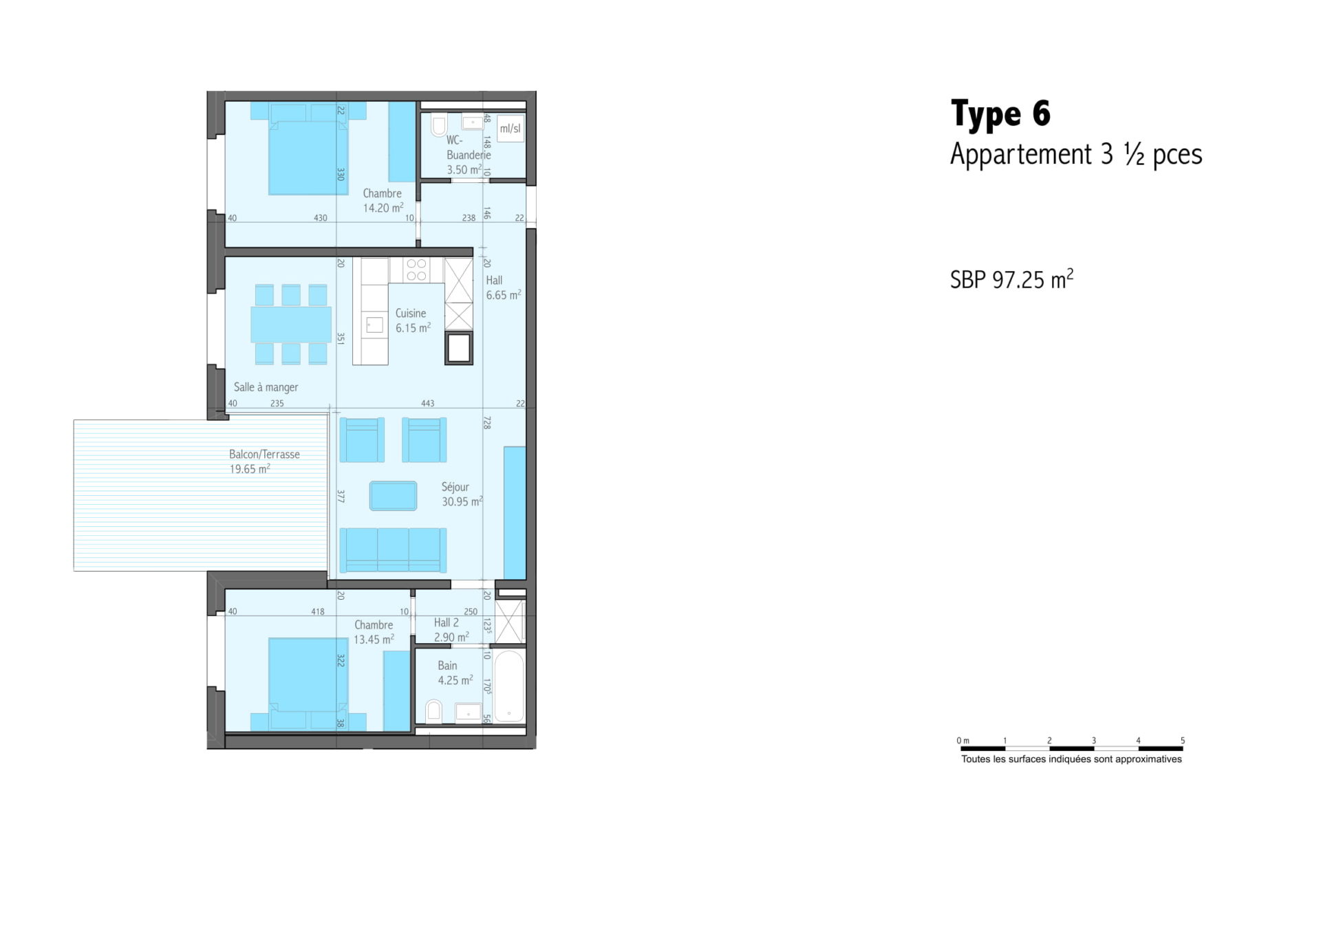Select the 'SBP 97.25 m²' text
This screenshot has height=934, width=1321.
(x=1011, y=279)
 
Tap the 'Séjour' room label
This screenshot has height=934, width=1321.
(x=455, y=487)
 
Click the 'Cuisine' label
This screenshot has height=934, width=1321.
(x=411, y=313)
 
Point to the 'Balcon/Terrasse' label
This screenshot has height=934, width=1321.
(x=264, y=454)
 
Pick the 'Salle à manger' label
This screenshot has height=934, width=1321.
(x=266, y=387)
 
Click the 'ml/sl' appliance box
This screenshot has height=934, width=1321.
(x=510, y=129)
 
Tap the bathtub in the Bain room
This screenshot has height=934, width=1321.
(x=509, y=686)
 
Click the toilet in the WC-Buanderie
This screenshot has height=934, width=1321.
(x=438, y=124)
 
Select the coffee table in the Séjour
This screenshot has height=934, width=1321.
(x=393, y=496)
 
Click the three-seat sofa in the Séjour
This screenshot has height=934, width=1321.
(x=393, y=550)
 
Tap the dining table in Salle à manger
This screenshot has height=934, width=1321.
(x=291, y=325)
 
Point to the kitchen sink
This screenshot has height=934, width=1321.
(x=374, y=325)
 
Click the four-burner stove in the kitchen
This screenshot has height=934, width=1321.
(x=416, y=270)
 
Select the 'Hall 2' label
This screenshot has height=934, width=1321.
(x=446, y=622)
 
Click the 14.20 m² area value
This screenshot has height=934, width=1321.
(x=383, y=208)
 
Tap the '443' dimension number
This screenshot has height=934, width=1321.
(x=427, y=404)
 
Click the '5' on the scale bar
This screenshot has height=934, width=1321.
(x=1183, y=741)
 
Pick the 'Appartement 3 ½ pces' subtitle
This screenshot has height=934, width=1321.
(x=1076, y=155)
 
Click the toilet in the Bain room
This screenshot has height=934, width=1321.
(x=433, y=711)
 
